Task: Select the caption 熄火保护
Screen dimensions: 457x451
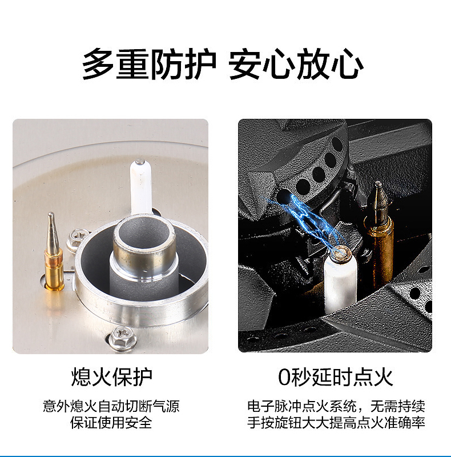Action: (x=112, y=377)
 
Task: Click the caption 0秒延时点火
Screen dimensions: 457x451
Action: (x=335, y=377)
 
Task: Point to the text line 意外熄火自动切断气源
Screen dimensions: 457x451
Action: (x=112, y=407)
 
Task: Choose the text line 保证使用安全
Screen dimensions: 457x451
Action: (x=112, y=423)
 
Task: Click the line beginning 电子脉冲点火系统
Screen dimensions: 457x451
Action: (x=336, y=407)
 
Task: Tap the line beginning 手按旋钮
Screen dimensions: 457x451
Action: (x=336, y=423)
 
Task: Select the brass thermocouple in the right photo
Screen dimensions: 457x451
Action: (x=379, y=240)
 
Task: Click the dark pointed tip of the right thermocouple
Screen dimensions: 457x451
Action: (x=378, y=197)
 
